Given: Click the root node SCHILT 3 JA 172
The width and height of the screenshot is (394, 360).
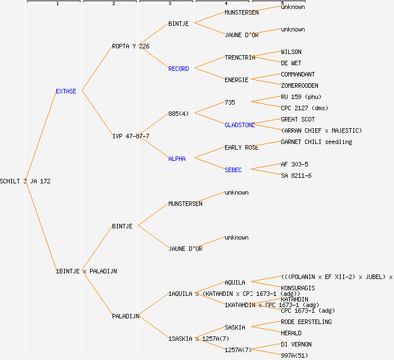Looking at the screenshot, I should click(25, 181).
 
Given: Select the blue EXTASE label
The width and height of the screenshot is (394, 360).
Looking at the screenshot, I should click(66, 91).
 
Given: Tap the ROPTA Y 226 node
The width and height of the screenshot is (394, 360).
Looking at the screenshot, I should click(131, 46).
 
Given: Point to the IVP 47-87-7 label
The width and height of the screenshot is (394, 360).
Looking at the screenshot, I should click(131, 136).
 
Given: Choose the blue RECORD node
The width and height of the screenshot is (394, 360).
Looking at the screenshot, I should click(178, 69).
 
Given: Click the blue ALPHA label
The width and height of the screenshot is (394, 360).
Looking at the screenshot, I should click(177, 159).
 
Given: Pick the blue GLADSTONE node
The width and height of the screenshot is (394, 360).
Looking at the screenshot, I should click(240, 125).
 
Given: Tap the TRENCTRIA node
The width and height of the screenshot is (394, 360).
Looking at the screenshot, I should click(240, 57).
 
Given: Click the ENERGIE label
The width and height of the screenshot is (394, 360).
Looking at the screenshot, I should click(236, 80).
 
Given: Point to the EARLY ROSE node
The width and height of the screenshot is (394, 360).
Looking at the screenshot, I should click(241, 147).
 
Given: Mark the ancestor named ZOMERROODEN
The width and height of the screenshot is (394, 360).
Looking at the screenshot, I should click(299, 85).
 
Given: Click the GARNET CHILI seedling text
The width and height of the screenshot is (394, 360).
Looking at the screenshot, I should click(316, 142).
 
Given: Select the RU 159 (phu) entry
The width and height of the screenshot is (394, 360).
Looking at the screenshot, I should click(301, 97).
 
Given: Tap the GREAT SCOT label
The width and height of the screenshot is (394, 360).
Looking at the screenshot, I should click(298, 119).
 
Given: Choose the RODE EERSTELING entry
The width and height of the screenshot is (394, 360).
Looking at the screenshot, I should click(306, 322).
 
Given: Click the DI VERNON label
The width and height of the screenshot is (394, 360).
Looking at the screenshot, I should click(296, 344).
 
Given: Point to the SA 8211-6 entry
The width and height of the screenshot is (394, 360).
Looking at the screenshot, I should click(296, 175).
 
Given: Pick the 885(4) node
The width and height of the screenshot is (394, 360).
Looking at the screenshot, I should click(178, 114).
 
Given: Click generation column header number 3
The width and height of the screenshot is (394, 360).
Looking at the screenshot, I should click(169, 4).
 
